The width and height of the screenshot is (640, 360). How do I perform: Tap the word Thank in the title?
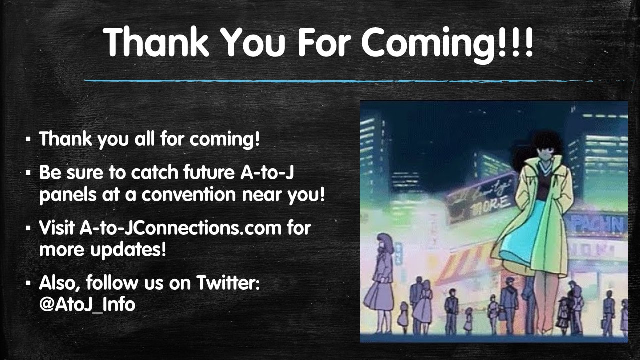click(x=156, y=42)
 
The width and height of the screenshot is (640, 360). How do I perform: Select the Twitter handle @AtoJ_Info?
click(x=87, y=305)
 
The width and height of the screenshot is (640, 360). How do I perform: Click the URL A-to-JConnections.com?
click(x=180, y=228)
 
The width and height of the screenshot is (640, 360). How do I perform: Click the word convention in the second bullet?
click(x=188, y=195)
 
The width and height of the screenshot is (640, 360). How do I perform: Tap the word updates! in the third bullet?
click(x=128, y=250)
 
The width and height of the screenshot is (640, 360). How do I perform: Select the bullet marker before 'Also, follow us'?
click(x=28, y=283)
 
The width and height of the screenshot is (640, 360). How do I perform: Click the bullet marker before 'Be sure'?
click(x=28, y=173)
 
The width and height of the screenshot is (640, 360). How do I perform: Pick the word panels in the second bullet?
click(x=68, y=195)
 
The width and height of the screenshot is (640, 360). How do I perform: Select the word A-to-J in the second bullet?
click(x=267, y=172)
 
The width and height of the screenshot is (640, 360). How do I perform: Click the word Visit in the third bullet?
click(x=57, y=228)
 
